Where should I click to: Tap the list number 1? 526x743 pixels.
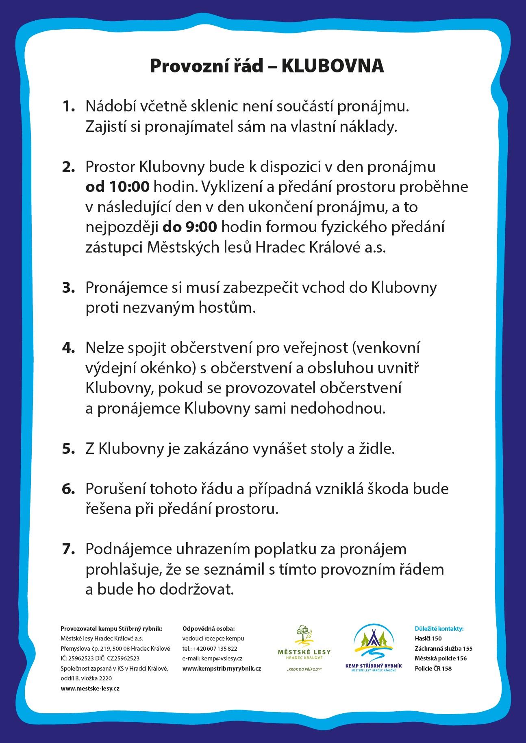pos(68,107)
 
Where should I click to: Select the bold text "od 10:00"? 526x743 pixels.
pos(117,187)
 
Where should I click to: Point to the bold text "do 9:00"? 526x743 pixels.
pos(190,227)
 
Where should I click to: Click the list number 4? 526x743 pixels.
pos(68,348)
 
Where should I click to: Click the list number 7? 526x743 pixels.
pos(68,549)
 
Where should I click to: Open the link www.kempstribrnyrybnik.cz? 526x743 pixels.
pos(222,669)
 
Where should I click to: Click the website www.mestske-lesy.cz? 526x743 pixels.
pos(90,688)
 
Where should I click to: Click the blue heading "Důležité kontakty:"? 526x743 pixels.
pos(439,629)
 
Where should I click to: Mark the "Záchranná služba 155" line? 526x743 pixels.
pos(443,649)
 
